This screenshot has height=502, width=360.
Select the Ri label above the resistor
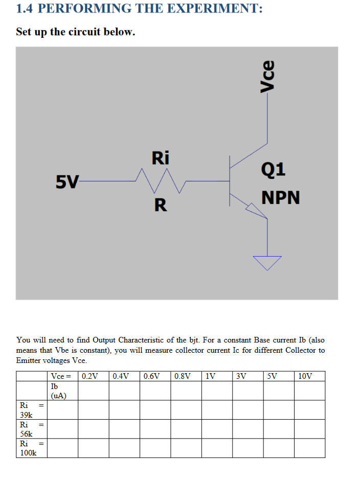(160, 158)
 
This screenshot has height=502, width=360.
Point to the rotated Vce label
(267, 77)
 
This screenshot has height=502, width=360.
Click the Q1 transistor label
(274, 169)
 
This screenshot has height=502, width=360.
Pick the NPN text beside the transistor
(281, 198)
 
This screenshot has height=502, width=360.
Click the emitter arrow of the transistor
(254, 208)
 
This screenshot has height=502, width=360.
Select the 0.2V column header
(90, 377)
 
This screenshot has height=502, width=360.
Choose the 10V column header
(305, 377)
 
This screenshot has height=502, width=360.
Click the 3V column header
(241, 377)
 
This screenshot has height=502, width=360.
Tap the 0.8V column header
(183, 377)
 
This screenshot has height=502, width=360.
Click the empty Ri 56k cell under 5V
(278, 429)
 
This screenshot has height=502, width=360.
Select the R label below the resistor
(160, 205)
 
